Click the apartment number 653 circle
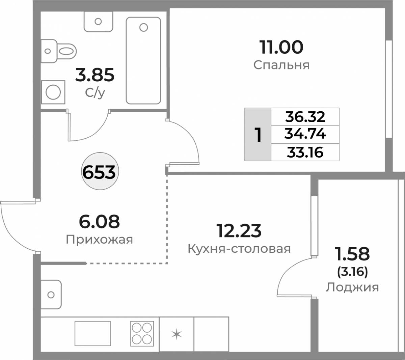click(100, 171)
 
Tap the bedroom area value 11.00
click(281, 47)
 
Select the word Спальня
click(281, 65)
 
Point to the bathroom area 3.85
click(95, 75)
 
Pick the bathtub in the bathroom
click(143, 61)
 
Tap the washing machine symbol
click(53, 92)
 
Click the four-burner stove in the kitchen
click(142, 334)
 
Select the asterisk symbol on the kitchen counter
click(177, 334)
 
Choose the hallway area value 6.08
click(99, 222)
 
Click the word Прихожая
click(99, 240)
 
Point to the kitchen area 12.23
click(239, 231)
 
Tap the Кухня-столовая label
click(239, 249)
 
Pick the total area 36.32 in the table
click(305, 117)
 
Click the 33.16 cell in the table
click(305, 152)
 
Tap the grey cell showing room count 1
click(258, 134)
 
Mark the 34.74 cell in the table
click(305, 134)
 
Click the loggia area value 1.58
click(353, 254)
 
